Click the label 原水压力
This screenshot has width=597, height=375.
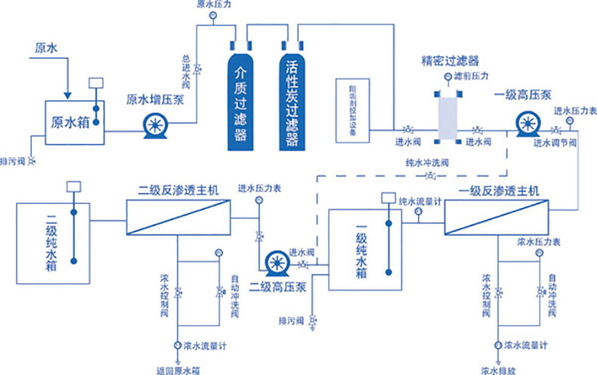click(x=212, y=5)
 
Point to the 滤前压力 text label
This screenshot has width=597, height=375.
click(x=475, y=76)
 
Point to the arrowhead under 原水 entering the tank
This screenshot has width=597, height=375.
click(x=69, y=95)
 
